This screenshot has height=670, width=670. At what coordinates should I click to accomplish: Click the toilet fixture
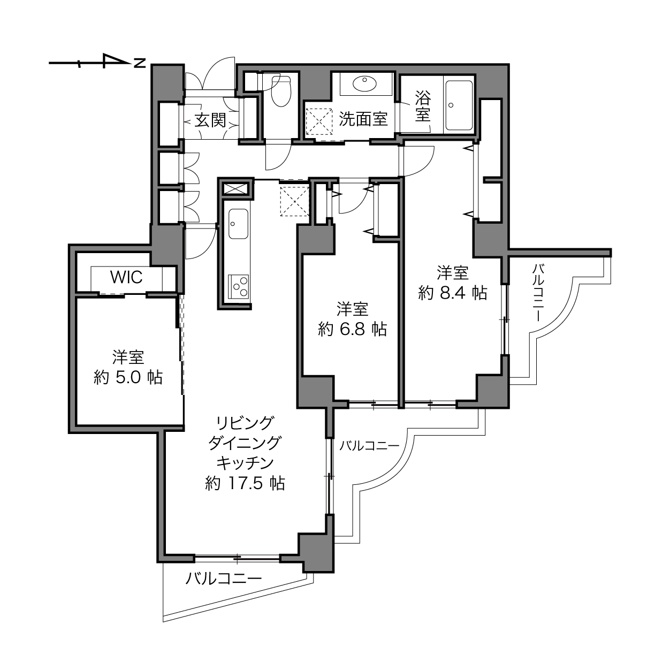[280, 91]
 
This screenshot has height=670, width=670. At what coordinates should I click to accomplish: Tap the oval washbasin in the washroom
[365, 83]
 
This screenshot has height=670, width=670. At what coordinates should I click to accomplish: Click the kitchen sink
[238, 224]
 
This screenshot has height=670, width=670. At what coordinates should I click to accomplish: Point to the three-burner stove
[239, 286]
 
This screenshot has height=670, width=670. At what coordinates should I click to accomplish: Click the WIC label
[126, 277]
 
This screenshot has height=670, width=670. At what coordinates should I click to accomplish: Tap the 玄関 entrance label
[210, 120]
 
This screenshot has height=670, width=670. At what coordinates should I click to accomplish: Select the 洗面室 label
[363, 119]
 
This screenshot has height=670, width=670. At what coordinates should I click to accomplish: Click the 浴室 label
[423, 106]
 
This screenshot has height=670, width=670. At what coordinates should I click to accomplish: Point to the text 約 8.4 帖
[452, 293]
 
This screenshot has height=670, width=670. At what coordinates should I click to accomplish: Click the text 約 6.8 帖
[352, 329]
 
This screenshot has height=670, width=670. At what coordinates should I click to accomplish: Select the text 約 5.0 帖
[128, 377]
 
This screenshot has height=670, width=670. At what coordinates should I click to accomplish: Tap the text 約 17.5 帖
[245, 483]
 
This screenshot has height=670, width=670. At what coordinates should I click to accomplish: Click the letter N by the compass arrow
[140, 63]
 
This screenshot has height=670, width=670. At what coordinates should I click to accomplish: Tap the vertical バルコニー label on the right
[538, 292]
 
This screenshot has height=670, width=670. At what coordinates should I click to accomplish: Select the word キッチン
[245, 463]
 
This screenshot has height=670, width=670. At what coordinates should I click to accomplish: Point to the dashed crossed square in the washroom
[319, 121]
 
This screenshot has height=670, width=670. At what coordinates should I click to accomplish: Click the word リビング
[245, 423]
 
